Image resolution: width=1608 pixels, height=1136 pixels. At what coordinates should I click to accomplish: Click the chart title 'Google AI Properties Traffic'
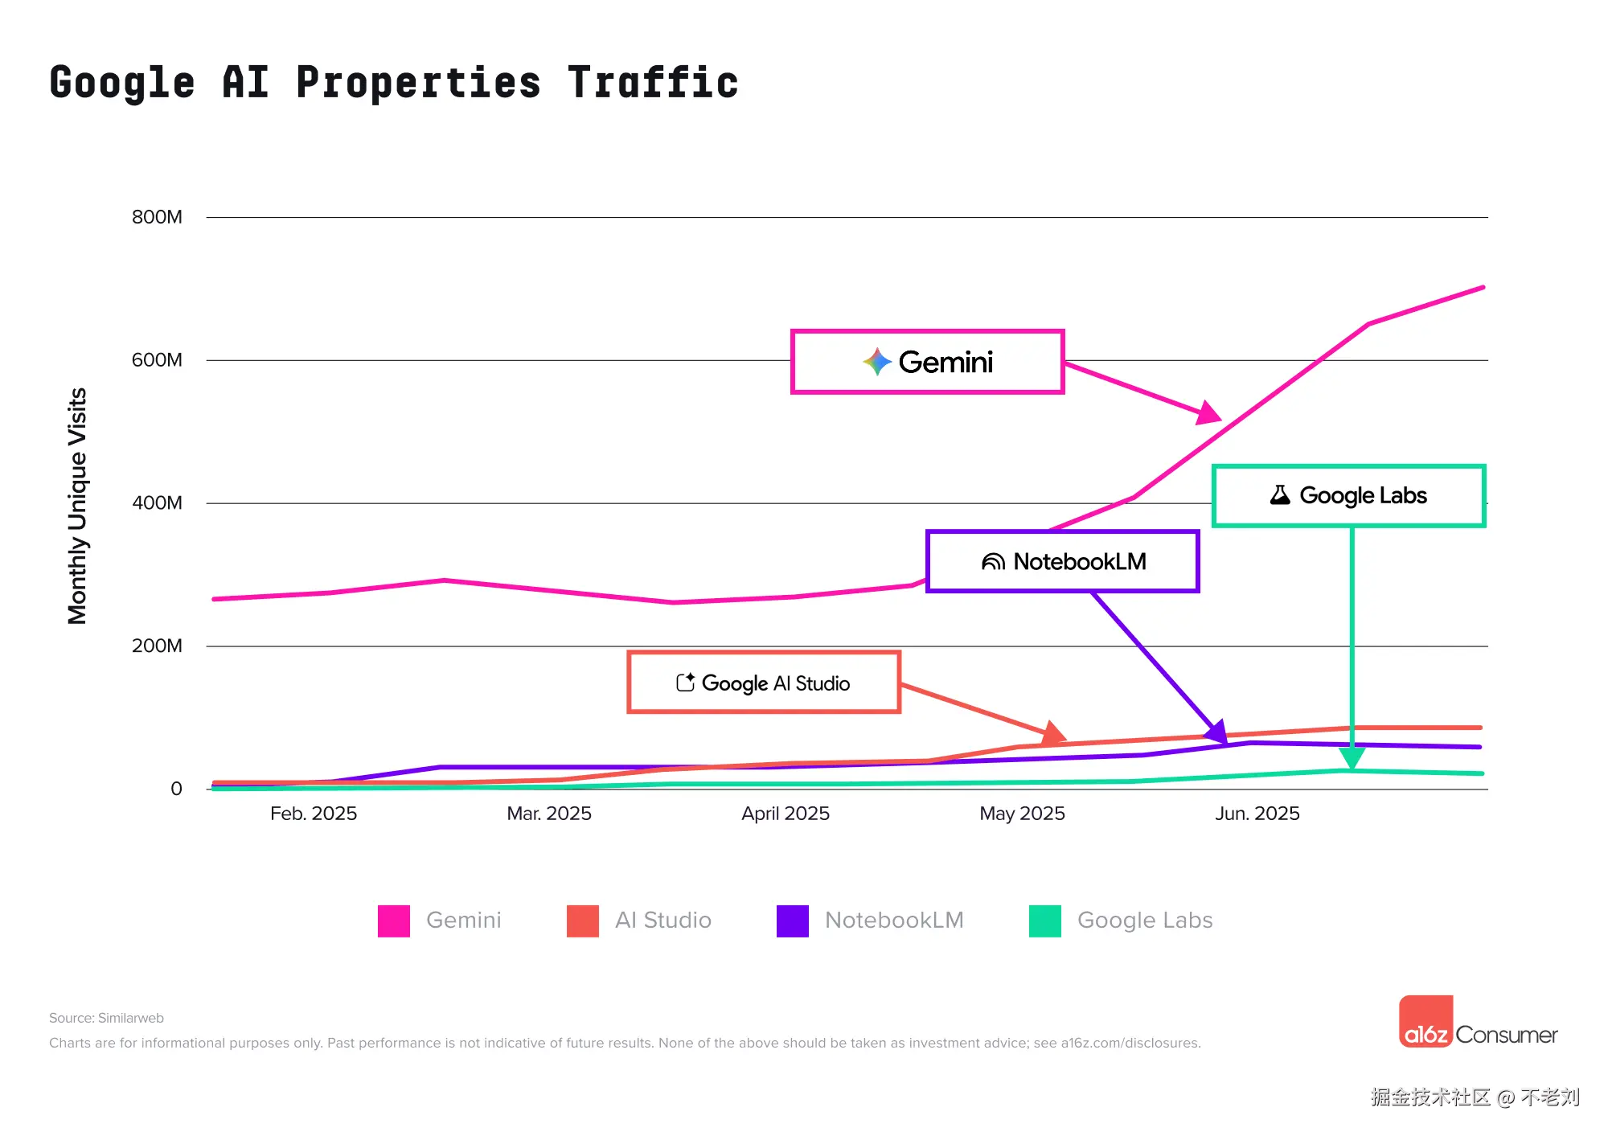[x=394, y=83]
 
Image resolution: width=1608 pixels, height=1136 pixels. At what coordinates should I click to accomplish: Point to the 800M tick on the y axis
[x=157, y=217]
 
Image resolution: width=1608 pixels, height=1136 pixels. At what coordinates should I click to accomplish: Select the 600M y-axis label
[x=157, y=360]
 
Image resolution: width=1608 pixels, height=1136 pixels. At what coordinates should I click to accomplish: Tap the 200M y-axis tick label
[x=157, y=646]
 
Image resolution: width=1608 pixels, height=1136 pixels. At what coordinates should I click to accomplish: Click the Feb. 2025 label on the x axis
[x=314, y=814]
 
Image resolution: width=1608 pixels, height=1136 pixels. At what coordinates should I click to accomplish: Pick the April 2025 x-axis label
[x=786, y=814]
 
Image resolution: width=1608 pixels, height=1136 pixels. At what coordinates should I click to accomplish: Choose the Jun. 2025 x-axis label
[x=1257, y=814]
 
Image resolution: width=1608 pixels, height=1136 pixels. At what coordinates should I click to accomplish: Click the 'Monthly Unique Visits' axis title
[x=77, y=506]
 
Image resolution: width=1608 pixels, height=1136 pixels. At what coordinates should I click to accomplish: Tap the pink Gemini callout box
[x=928, y=362]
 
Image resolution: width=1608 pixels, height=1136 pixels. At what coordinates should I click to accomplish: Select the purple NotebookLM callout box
[x=1062, y=561]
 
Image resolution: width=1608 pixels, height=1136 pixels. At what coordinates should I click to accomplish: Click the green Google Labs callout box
[x=1348, y=495]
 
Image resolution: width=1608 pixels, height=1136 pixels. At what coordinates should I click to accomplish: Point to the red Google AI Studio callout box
[x=763, y=683]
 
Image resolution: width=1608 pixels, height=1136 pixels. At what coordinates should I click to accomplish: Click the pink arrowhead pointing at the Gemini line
[x=1208, y=413]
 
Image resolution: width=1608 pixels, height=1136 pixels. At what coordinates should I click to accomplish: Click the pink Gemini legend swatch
[x=394, y=921]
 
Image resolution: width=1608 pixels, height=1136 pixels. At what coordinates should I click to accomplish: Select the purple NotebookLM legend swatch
[x=793, y=921]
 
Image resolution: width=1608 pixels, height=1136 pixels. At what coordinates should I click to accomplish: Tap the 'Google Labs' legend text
[x=1145, y=921]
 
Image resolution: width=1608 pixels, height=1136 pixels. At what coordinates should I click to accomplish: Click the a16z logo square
[x=1426, y=1022]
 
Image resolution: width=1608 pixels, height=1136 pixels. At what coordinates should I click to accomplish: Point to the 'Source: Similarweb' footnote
[x=106, y=1018]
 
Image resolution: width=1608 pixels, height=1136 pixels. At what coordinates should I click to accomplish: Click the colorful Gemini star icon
[x=877, y=362]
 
